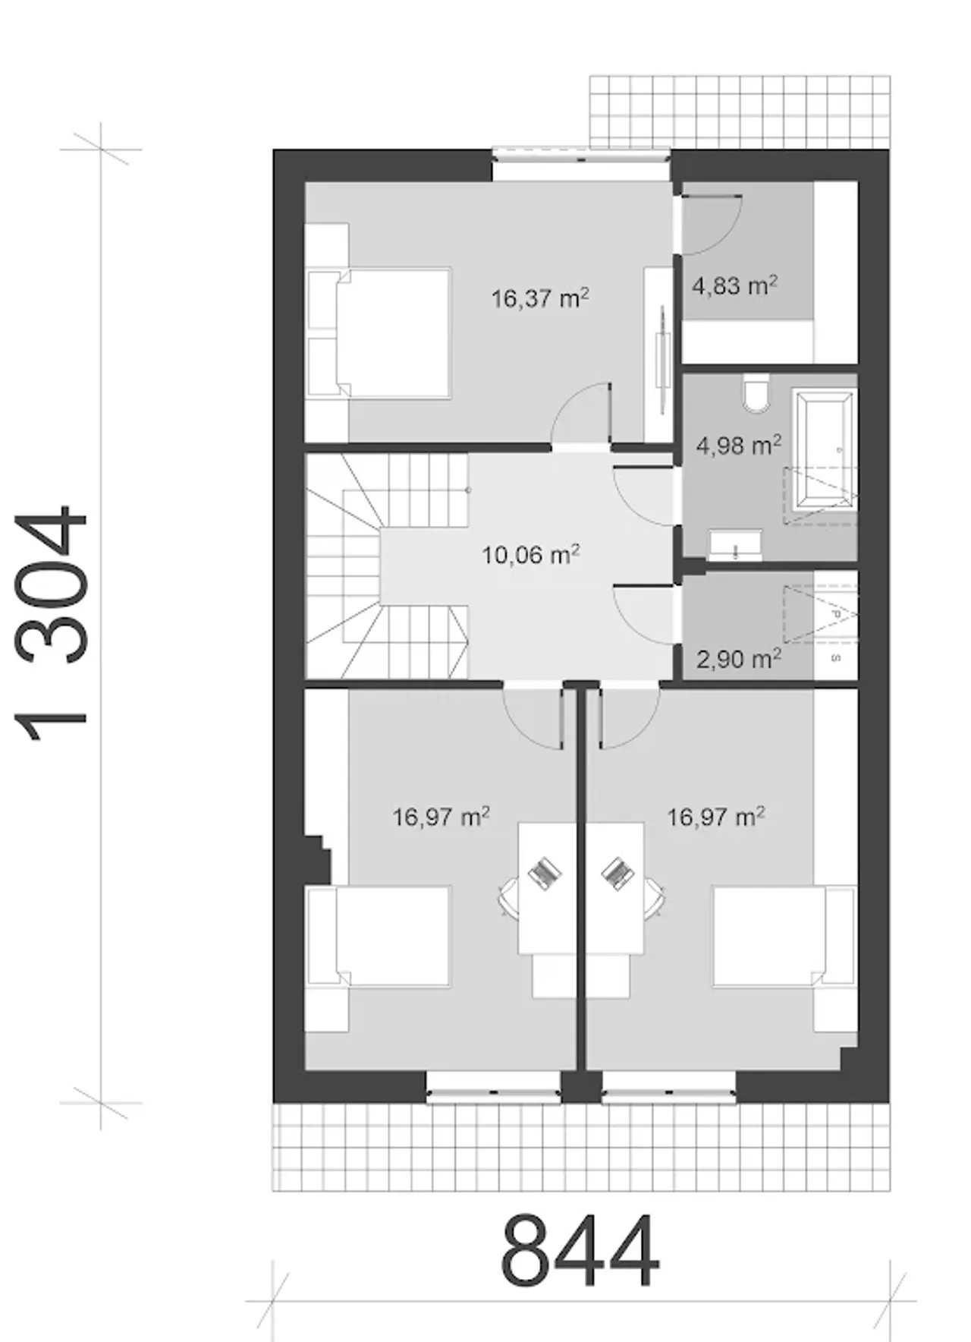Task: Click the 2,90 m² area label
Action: pyautogui.click(x=738, y=658)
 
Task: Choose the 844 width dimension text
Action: pyautogui.click(x=580, y=1251)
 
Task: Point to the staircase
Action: pyautogui.click(x=387, y=565)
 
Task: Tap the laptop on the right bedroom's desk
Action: pyautogui.click(x=618, y=872)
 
